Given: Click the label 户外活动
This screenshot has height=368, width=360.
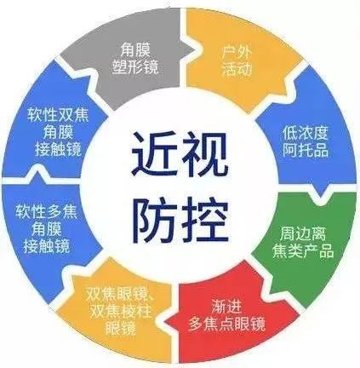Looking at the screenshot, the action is (x=237, y=61).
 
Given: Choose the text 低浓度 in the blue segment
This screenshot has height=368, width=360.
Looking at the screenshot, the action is (x=306, y=133).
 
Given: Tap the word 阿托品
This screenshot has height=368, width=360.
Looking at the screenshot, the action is (x=306, y=150).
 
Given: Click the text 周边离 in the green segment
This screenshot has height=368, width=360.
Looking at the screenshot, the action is (x=303, y=233).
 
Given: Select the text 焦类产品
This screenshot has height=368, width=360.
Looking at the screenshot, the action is (x=303, y=250).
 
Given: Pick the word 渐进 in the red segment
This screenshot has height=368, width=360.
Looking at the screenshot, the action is (x=226, y=306).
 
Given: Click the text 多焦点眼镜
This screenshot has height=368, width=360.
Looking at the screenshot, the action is (x=226, y=323).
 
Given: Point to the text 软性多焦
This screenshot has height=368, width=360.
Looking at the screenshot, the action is (x=46, y=211).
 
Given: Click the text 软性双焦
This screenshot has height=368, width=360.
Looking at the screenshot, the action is (x=58, y=115).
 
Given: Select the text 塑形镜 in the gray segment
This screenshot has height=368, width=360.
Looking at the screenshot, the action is (x=135, y=67).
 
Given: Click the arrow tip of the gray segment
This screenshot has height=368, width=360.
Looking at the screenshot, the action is (x=195, y=50).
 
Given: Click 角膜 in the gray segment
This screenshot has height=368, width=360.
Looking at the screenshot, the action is (x=135, y=50).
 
